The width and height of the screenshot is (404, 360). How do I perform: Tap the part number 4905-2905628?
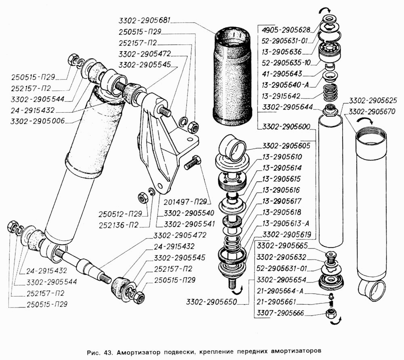click(286, 29)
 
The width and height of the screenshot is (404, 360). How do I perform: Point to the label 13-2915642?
click(286, 97)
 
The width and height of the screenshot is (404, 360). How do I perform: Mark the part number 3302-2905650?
click(211, 301)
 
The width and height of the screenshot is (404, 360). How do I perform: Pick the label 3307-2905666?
click(283, 313)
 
